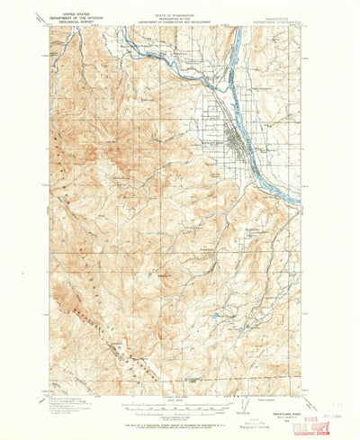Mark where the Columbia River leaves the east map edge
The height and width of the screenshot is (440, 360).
310,188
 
